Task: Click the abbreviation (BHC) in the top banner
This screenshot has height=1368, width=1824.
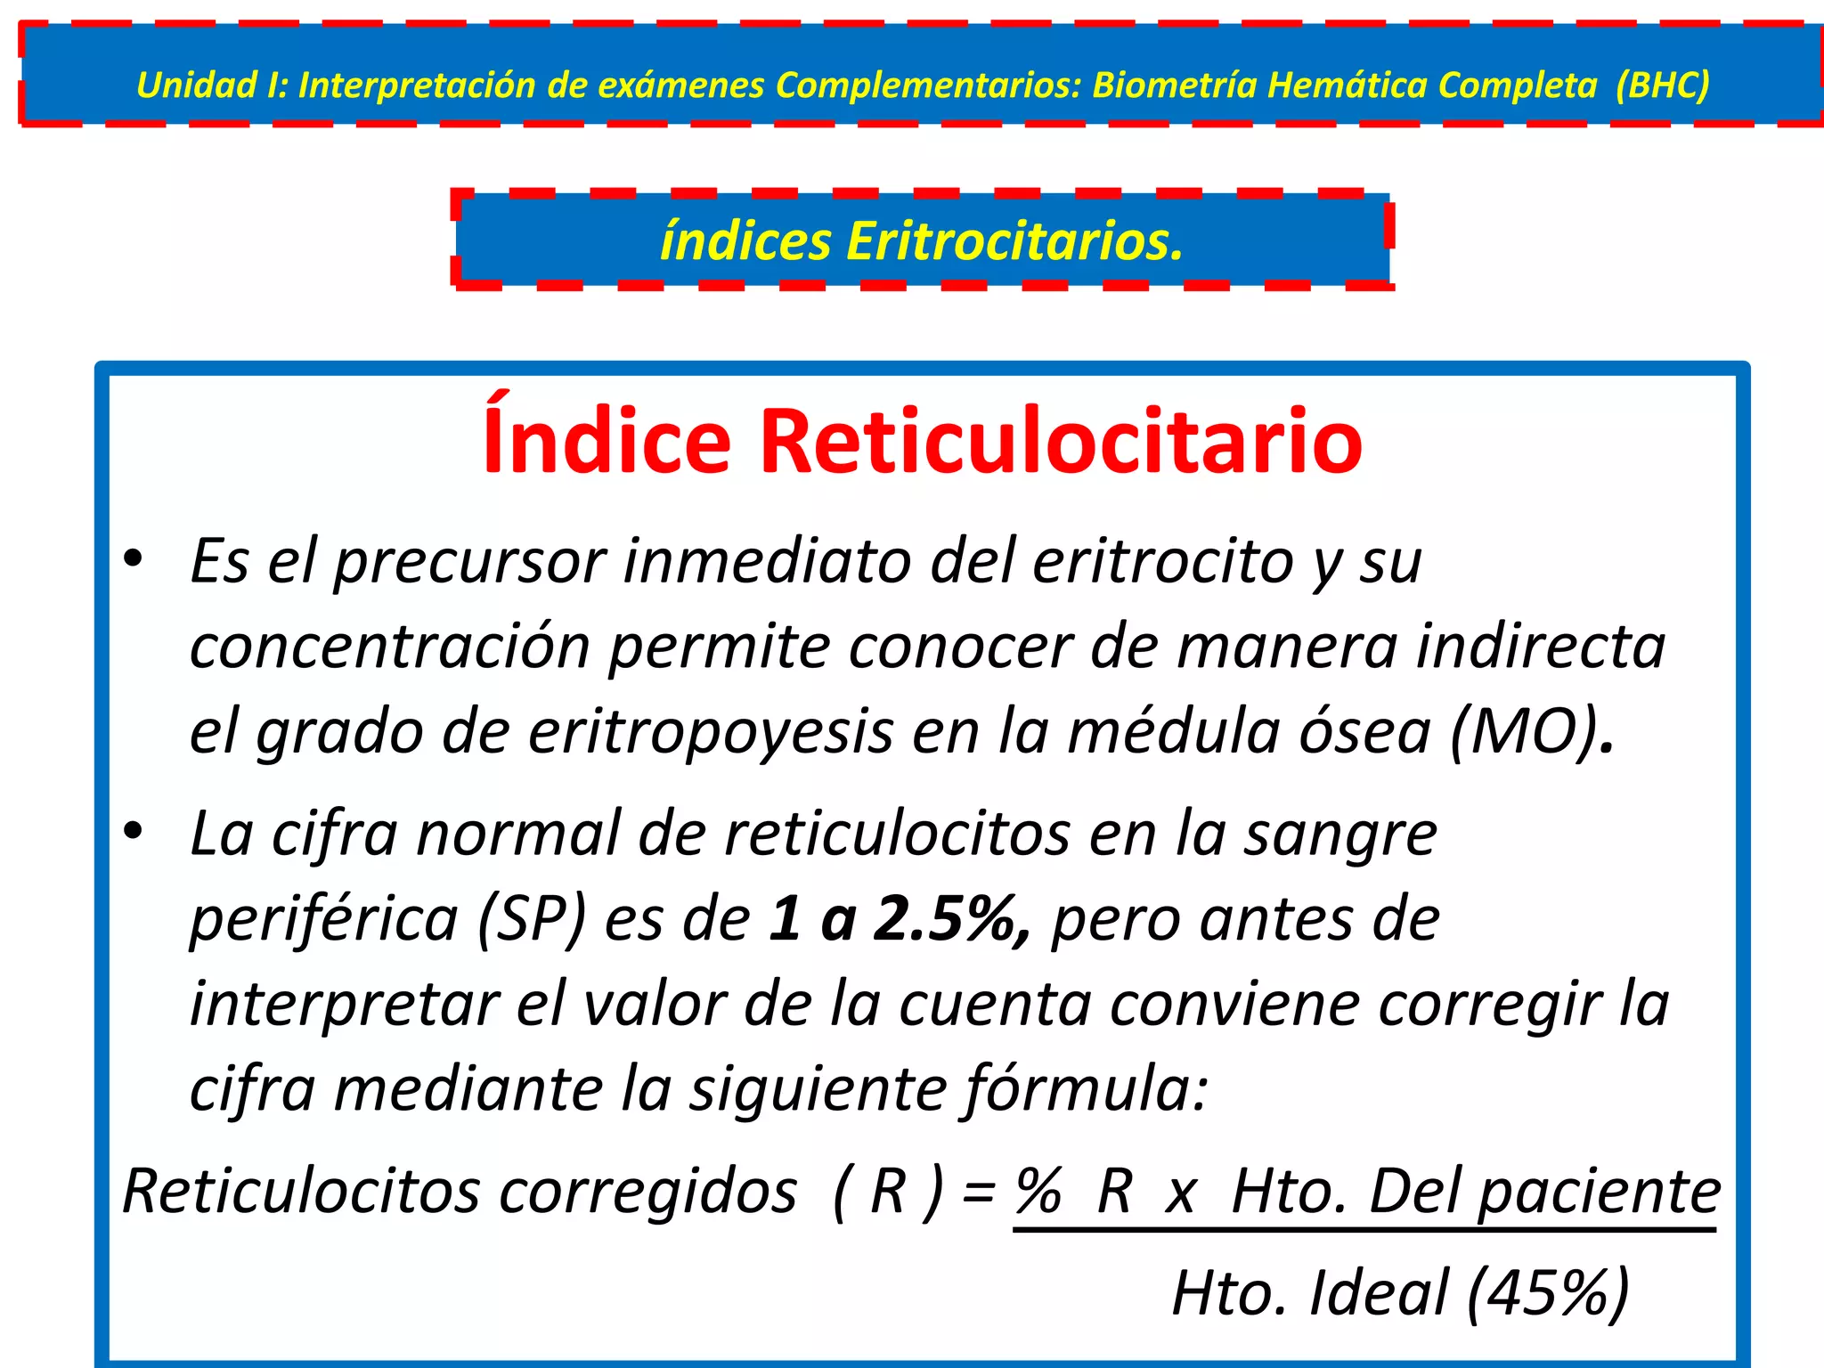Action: (1662, 85)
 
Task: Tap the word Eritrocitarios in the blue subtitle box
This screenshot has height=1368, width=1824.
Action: (1014, 241)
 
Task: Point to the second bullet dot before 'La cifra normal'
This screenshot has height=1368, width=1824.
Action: (134, 832)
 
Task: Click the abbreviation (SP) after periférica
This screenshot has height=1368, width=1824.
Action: (532, 919)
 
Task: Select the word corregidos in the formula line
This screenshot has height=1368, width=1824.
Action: (648, 1192)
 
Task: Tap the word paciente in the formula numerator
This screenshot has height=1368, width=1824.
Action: (1600, 1192)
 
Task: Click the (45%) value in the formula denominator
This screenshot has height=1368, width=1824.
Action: (1548, 1292)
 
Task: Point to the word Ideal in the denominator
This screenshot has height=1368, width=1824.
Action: (1379, 1292)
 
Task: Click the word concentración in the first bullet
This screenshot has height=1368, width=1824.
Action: (390, 647)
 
